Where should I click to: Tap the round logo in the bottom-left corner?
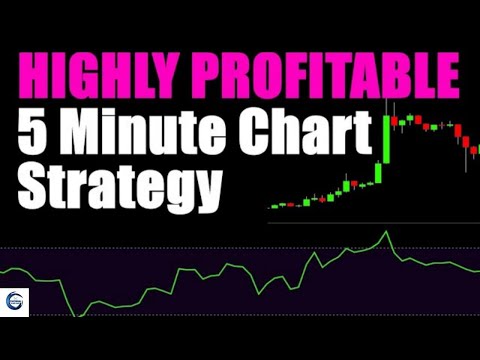coord(17,303)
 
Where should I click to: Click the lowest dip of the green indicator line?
coord(76,316)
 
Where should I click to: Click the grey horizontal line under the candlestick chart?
coord(370,221)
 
